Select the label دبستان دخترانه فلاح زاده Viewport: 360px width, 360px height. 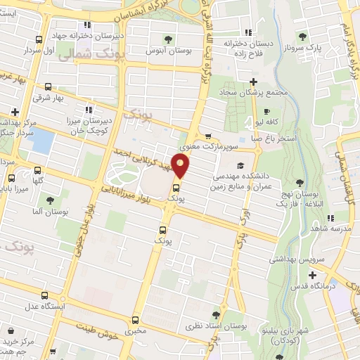tap(247, 48)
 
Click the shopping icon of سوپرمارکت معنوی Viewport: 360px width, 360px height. tap(207, 137)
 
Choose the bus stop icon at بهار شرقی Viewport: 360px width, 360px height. tap(47, 87)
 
